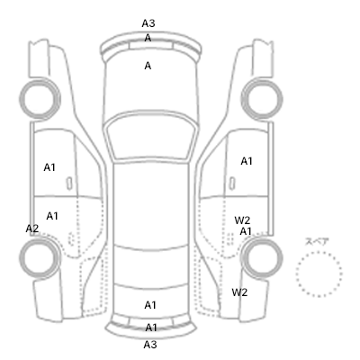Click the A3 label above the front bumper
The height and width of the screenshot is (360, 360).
coord(148,23)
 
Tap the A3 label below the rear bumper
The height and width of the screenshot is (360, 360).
coord(150,345)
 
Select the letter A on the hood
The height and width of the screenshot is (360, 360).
coord(148,66)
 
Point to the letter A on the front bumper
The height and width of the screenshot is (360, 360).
coord(148,38)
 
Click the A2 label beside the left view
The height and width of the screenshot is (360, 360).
coord(32,229)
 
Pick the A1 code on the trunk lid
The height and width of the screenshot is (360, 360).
coord(150,305)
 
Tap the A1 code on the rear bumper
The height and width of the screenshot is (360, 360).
coord(151,328)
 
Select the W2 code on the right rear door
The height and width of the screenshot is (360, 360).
coord(242,220)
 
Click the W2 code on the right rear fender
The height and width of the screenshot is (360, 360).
coord(239,292)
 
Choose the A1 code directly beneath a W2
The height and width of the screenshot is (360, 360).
coord(246,231)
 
